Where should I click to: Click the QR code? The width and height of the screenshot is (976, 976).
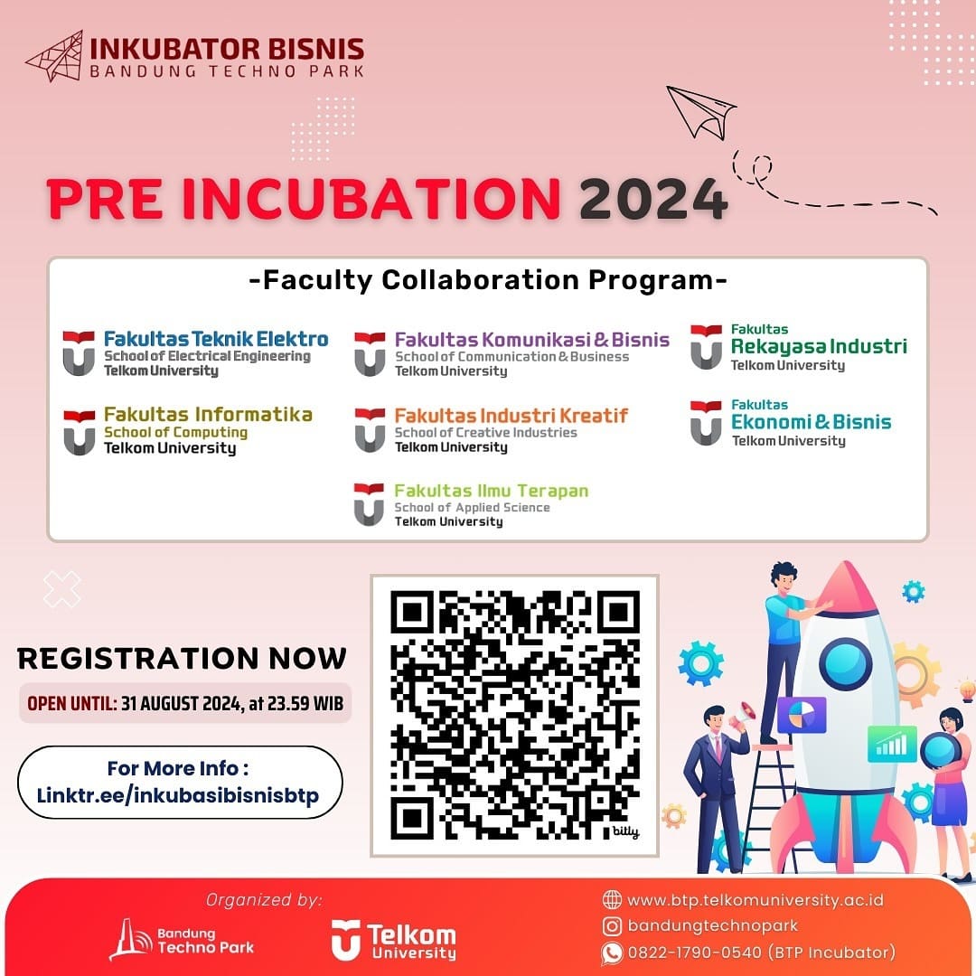[515, 715]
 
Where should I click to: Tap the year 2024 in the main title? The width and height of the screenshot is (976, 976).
[653, 199]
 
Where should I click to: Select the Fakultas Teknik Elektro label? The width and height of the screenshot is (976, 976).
[216, 339]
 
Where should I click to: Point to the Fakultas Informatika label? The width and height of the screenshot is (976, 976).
[208, 414]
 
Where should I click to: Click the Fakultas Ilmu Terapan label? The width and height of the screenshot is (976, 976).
[491, 491]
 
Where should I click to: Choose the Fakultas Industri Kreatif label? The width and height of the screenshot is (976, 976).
[511, 415]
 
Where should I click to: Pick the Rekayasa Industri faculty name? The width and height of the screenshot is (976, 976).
[819, 347]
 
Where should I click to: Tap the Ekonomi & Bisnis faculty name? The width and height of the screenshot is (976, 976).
[811, 421]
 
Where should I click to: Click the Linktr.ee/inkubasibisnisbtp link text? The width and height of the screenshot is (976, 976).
[178, 795]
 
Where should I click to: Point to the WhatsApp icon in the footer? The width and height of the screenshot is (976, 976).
[612, 953]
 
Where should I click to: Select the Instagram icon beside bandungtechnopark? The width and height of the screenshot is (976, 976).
[612, 926]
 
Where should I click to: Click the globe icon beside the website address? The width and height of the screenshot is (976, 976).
[612, 899]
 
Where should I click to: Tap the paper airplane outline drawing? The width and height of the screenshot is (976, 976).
[699, 111]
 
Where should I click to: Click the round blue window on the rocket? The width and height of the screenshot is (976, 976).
[845, 664]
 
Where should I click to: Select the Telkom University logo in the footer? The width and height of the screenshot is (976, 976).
[393, 940]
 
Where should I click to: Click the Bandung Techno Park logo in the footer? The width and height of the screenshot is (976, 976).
[182, 940]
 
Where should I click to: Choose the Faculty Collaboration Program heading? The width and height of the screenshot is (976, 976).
[488, 280]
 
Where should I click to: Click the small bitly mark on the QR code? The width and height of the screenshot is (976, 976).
[625, 831]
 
